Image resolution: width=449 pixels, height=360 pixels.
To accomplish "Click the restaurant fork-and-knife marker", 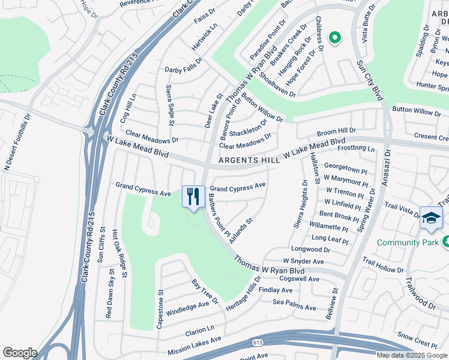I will (x=193, y=197).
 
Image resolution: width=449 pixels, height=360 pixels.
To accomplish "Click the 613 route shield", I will (x=258, y=342).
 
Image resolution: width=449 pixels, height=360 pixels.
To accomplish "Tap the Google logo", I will (x=20, y=353).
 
